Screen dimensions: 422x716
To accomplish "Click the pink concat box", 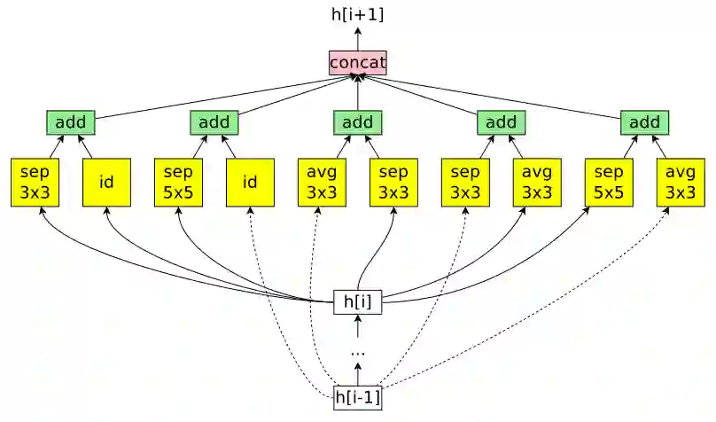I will pyautogui.click(x=358, y=63).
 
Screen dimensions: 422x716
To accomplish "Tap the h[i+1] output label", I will pyautogui.click(x=358, y=14).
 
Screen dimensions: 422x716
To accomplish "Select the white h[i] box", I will pyautogui.click(x=357, y=302).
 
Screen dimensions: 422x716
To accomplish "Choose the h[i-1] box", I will pyautogui.click(x=357, y=397).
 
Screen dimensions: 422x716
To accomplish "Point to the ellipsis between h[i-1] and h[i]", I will pyautogui.click(x=358, y=352).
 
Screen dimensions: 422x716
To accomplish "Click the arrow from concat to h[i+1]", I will pyautogui.click(x=358, y=38).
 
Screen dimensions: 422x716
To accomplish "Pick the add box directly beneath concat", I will pyautogui.click(x=358, y=122).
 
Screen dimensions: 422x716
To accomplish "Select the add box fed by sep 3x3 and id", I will pyautogui.click(x=71, y=122).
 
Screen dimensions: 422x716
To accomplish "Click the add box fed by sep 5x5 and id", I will pyautogui.click(x=214, y=122).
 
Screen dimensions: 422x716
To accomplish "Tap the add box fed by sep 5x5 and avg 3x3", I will pyautogui.click(x=644, y=122).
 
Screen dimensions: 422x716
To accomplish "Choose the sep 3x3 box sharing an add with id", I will pyautogui.click(x=35, y=183).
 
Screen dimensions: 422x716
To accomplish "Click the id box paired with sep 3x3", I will pyautogui.click(x=106, y=183).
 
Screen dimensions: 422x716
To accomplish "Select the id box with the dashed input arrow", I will pyautogui.click(x=250, y=183).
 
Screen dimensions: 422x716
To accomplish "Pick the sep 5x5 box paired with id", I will pyautogui.click(x=178, y=183).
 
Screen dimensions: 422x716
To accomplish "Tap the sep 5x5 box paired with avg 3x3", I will pyautogui.click(x=609, y=183).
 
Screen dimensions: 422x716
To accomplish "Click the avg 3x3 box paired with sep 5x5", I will pyautogui.click(x=681, y=183).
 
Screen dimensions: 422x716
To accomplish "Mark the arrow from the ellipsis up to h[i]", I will pyautogui.click(x=358, y=328).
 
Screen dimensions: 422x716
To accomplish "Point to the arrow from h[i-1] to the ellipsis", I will pyautogui.click(x=358, y=375).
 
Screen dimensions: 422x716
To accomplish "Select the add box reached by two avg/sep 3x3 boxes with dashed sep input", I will pyautogui.click(x=501, y=122).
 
